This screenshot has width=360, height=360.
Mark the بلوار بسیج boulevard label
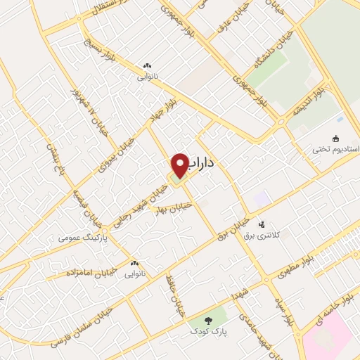(97, 45)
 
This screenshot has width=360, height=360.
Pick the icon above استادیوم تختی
(335, 138)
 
